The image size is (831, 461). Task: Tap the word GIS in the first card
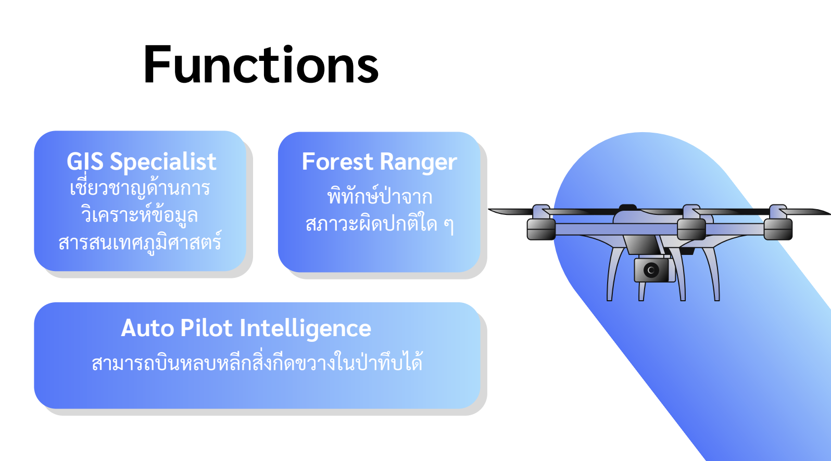[x=85, y=162]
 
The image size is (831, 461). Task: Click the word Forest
[x=337, y=162]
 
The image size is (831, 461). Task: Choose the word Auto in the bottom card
[x=147, y=328]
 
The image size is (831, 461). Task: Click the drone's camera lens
[x=651, y=270]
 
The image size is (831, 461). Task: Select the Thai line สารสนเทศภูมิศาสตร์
[x=140, y=242]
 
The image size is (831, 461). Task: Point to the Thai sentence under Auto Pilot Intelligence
[x=257, y=361]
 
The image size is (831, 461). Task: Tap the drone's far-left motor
[x=542, y=229]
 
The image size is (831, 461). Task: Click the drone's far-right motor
[x=778, y=228]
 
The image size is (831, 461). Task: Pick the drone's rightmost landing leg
[x=713, y=274]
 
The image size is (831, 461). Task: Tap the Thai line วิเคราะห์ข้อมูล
[x=140, y=214]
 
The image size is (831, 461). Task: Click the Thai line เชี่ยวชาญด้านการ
[x=140, y=187]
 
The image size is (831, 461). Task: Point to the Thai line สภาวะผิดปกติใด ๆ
[x=380, y=224]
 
